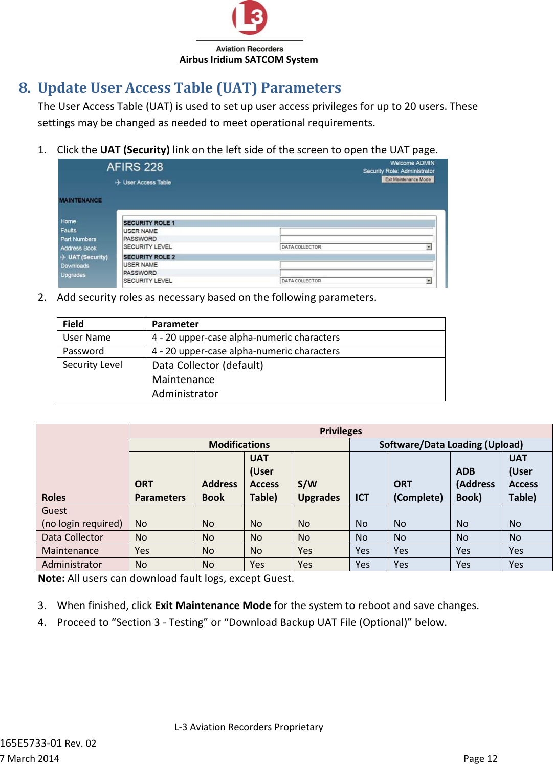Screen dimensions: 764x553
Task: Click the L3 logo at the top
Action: (x=250, y=18)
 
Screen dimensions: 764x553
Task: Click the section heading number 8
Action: (x=24, y=88)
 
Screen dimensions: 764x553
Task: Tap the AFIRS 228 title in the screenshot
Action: (x=135, y=167)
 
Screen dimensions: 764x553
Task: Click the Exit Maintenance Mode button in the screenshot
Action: (x=408, y=179)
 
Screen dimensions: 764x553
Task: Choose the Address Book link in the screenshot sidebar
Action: (x=78, y=249)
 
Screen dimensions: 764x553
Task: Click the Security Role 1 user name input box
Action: (x=356, y=231)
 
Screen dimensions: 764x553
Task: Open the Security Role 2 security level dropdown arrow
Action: (x=429, y=281)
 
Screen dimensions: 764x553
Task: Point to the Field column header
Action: (x=73, y=324)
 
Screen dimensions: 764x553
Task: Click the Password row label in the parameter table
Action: (x=83, y=351)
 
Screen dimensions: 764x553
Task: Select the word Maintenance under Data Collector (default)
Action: (x=183, y=380)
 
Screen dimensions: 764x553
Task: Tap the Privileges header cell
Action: (x=341, y=431)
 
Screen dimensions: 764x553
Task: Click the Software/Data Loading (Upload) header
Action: (x=451, y=445)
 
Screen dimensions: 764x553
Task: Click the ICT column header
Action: (x=362, y=498)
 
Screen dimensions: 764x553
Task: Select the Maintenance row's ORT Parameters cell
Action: (x=142, y=551)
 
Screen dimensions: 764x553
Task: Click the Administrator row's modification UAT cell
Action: (x=257, y=565)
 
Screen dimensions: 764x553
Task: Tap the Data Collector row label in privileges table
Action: (x=73, y=537)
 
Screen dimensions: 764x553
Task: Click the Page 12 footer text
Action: (x=480, y=759)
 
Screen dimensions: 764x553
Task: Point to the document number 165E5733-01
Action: (x=31, y=743)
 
